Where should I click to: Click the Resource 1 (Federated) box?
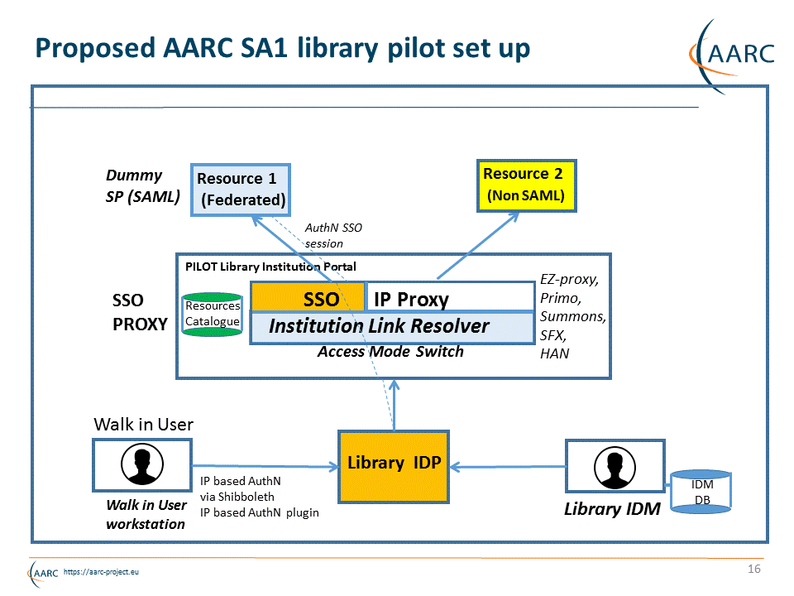coord(241,190)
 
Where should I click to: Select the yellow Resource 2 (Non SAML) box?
coord(527,185)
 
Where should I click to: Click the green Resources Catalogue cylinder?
coord(212,314)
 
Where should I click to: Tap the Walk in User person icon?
coord(142,465)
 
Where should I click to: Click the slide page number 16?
coord(753,569)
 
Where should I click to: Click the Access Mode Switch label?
coord(390,352)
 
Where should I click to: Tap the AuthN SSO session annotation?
coord(333,235)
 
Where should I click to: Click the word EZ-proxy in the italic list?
coord(569,279)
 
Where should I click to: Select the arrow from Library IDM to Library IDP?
coord(506,467)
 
